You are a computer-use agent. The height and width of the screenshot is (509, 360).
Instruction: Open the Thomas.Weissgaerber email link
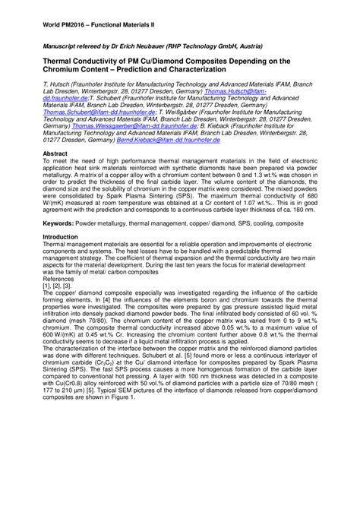[x=124, y=131]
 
